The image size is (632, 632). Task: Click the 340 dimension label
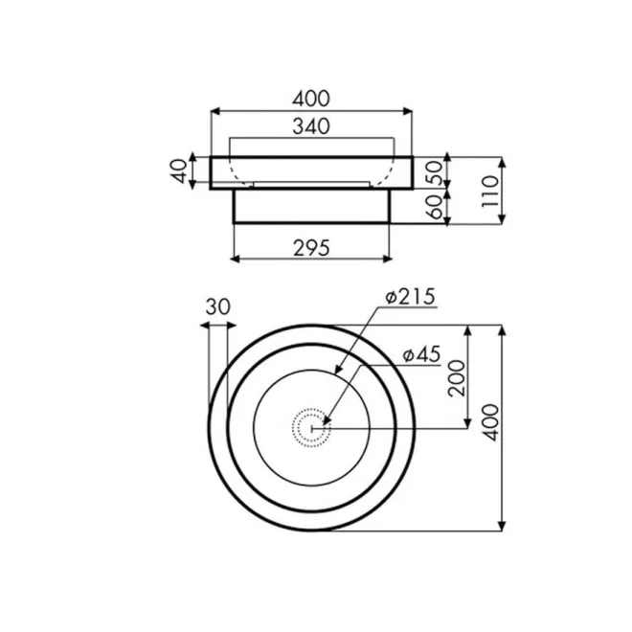click(311, 126)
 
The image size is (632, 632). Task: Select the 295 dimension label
click(311, 248)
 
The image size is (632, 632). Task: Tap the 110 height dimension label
click(490, 192)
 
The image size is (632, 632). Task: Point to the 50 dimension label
click(436, 173)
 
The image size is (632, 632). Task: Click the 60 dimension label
click(436, 208)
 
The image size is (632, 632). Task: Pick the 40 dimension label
click(180, 171)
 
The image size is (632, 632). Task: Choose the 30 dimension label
click(218, 306)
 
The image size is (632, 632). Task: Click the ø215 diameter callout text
click(410, 297)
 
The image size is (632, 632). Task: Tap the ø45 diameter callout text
click(421, 355)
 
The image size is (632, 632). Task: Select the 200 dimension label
click(457, 378)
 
